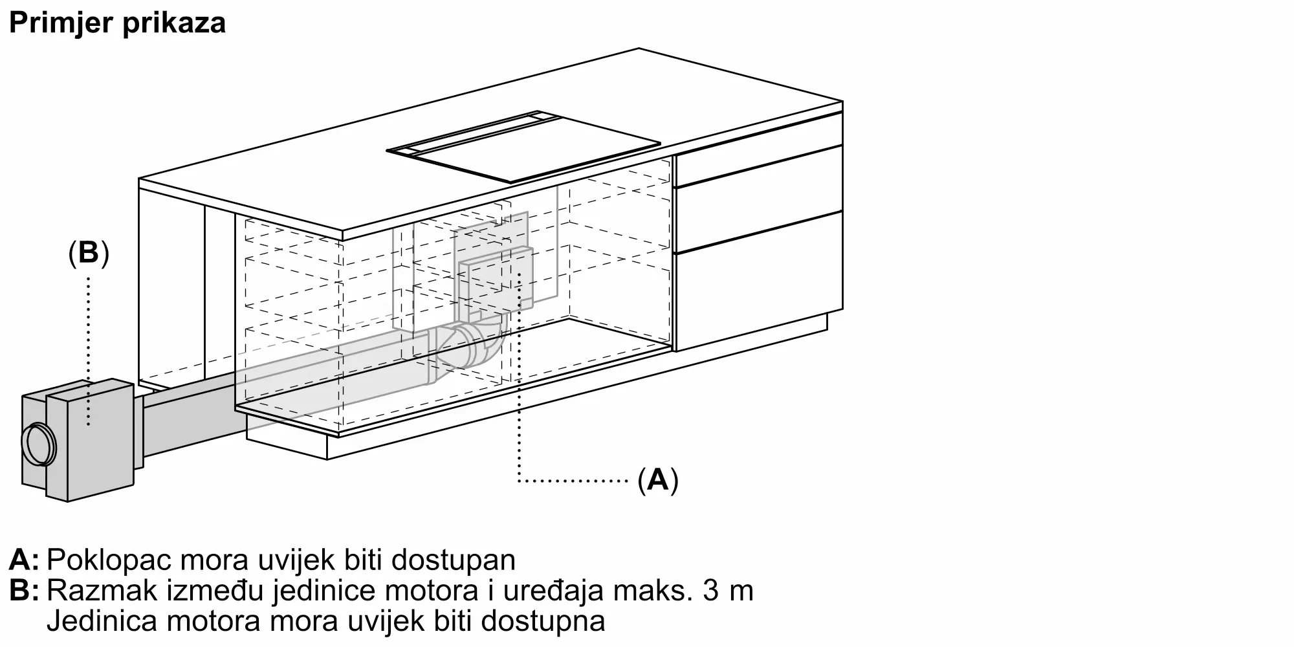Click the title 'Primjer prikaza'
click(117, 23)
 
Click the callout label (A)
click(658, 480)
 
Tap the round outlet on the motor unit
click(39, 445)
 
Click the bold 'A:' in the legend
click(24, 560)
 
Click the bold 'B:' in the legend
click(24, 591)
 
